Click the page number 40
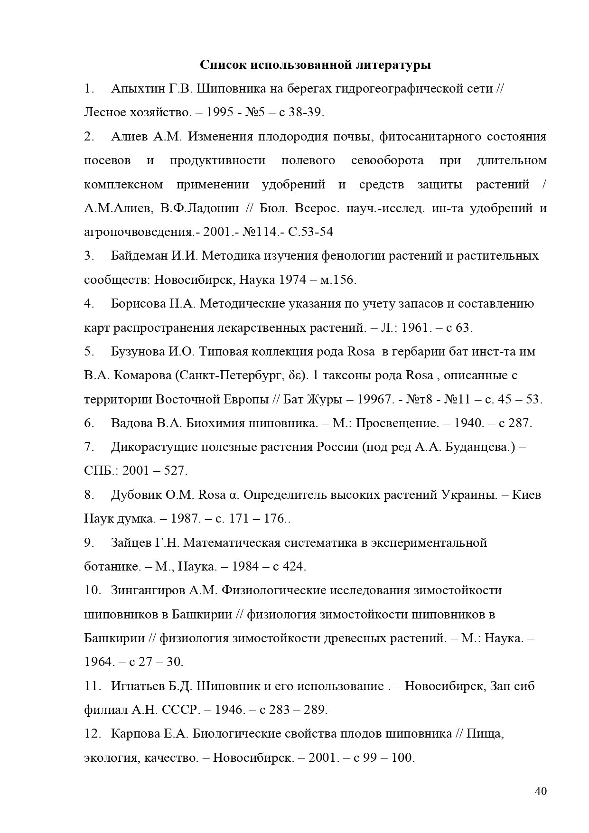pyautogui.click(x=540, y=791)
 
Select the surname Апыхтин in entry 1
pyautogui.click(x=138, y=89)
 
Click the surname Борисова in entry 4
pyautogui.click(x=139, y=304)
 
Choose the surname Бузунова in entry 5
pyautogui.click(x=138, y=352)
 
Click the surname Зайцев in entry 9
pyautogui.click(x=132, y=543)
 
